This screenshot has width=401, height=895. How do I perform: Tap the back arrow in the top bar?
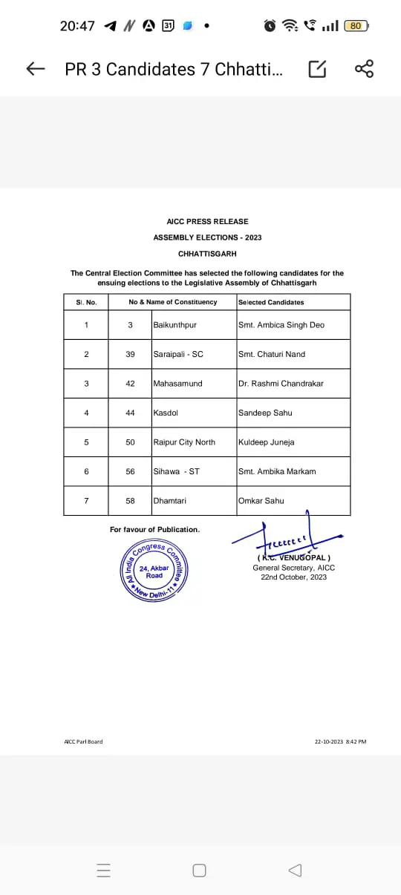(35, 69)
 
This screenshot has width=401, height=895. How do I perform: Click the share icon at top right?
(364, 69)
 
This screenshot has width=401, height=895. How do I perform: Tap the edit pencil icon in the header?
(317, 69)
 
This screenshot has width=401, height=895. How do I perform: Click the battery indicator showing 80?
(356, 26)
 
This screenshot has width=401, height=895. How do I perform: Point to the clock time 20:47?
(77, 26)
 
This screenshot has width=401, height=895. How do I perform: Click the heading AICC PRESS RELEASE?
(207, 221)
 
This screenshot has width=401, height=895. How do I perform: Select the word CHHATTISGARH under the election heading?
(207, 254)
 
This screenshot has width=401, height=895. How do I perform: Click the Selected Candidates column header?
(271, 302)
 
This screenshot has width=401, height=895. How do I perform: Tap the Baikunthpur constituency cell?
(175, 325)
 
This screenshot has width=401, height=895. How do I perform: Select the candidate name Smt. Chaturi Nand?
(271, 354)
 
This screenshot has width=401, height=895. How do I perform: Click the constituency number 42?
(130, 384)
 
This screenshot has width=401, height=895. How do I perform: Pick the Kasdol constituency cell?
(166, 413)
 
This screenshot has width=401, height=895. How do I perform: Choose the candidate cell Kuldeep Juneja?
(266, 442)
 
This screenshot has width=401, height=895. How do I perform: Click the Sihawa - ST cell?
(176, 471)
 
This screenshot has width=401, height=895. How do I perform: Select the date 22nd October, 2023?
(293, 577)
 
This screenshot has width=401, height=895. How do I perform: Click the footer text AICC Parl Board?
(83, 741)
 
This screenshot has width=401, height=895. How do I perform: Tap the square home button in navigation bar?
(199, 871)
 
